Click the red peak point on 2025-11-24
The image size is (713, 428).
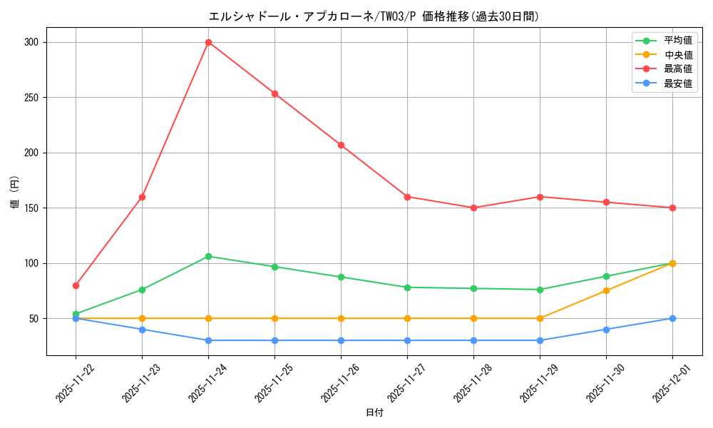coord(208,42)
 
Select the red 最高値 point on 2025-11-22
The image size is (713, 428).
coord(76,285)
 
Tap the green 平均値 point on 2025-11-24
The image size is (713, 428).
coord(208,256)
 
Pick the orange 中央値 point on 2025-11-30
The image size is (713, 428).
coord(606,290)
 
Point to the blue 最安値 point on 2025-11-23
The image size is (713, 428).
coord(142,330)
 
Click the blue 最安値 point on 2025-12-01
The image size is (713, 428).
coord(672,318)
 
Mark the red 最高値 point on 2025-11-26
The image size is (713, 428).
coord(341,145)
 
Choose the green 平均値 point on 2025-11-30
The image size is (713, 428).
coord(606,276)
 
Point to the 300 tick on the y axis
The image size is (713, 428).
coord(32,42)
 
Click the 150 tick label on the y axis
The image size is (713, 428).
coord(32,208)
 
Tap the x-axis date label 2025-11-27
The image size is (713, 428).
coord(404,382)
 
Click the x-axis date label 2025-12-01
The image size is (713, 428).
coord(669,382)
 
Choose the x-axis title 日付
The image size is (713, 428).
coord(374,413)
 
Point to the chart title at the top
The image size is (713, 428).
coord(374,16)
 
